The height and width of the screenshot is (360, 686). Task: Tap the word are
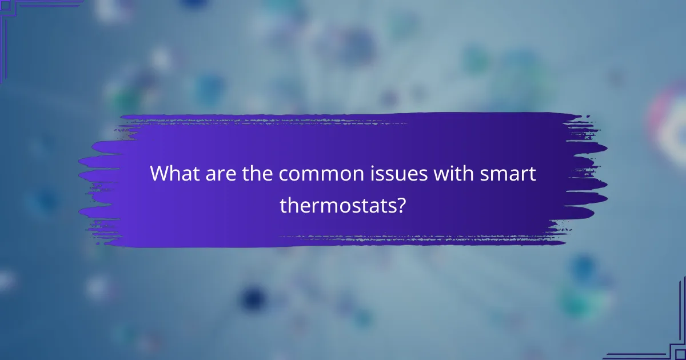tap(213, 174)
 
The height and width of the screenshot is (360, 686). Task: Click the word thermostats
tap(338, 205)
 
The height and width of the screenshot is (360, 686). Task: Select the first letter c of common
tap(284, 175)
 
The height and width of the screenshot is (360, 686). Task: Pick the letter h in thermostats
tap(292, 204)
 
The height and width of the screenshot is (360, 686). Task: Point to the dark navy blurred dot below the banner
tap(252, 297)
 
